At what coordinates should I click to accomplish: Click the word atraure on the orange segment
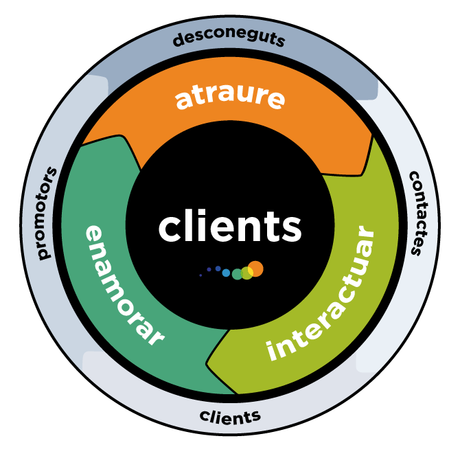(229, 97)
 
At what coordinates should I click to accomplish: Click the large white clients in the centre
(229, 227)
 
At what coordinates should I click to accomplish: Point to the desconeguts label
(229, 39)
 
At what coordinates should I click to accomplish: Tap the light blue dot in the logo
(226, 273)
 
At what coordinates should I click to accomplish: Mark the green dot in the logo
(237, 274)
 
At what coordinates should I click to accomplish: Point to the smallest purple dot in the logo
(200, 275)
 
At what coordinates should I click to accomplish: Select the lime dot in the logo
(246, 273)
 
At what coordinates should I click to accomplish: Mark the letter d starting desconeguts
(178, 41)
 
